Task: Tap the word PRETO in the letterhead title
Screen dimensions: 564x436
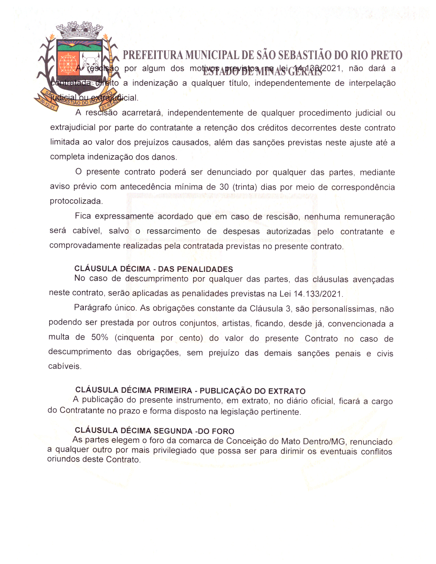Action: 386,55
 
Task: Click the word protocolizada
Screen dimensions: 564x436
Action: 76,201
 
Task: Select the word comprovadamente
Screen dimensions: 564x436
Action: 85,246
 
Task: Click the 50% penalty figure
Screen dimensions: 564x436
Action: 100,338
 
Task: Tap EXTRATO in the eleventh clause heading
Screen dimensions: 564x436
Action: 287,391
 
